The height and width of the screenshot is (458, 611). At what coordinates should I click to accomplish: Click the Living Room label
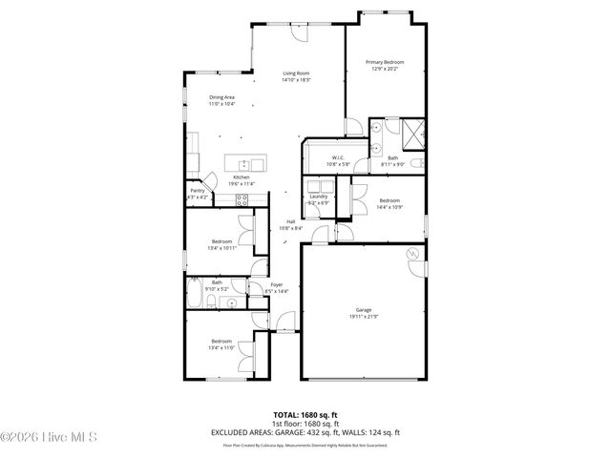click(x=296, y=73)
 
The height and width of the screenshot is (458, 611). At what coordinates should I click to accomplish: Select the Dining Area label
click(x=222, y=95)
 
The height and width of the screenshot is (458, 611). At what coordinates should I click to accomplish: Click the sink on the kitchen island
click(x=244, y=163)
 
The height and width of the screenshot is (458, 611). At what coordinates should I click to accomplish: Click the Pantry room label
click(x=197, y=191)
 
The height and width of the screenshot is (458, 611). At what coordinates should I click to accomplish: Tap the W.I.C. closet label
click(x=338, y=157)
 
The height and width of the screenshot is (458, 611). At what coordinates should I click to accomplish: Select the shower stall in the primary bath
click(x=413, y=133)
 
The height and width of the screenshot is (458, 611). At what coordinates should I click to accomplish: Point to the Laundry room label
click(x=318, y=197)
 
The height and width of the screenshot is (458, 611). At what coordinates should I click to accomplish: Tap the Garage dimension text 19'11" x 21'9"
click(x=363, y=316)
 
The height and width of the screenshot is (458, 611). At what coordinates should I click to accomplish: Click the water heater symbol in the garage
click(x=412, y=254)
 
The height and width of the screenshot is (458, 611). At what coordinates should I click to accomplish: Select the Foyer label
click(x=276, y=284)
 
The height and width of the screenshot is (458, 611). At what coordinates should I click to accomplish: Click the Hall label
click(x=290, y=221)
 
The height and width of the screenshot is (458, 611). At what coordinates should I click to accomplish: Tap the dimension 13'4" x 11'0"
click(x=221, y=348)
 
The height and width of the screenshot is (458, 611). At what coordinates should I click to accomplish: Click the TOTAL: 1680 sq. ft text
click(x=305, y=415)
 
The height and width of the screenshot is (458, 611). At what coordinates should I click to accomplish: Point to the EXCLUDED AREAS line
click(x=305, y=432)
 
